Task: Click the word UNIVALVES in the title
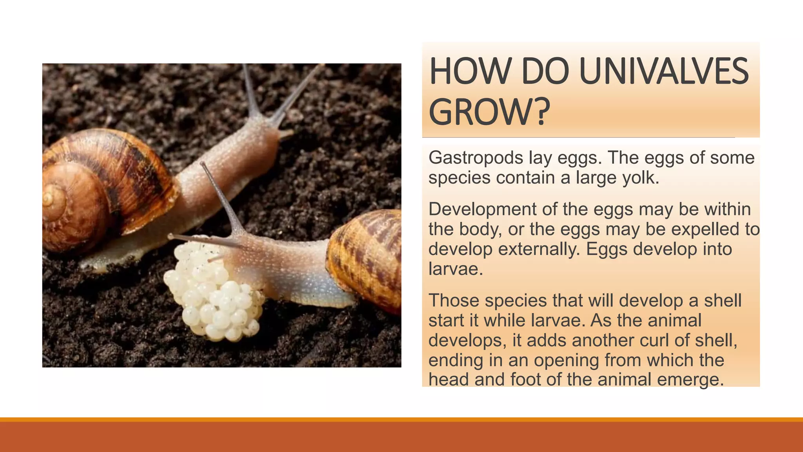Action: [663, 71]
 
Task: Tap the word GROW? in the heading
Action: [488, 113]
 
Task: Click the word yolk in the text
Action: [640, 178]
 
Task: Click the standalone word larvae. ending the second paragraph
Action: [455, 269]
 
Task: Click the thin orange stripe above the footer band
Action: [401, 419]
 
